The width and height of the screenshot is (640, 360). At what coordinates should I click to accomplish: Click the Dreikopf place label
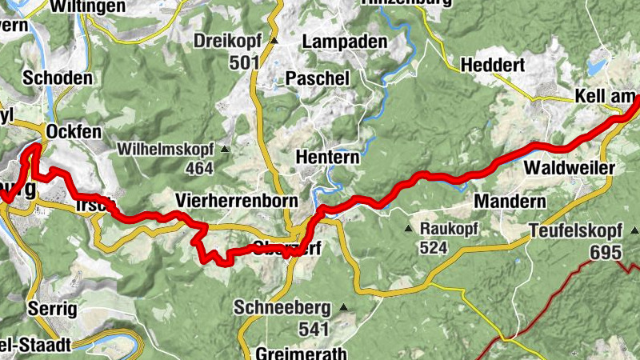point(231,40)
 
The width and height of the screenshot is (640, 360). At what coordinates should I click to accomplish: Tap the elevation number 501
point(244,62)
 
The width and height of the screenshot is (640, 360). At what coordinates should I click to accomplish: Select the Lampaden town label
point(345,42)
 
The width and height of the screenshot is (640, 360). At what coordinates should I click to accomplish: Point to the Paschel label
point(318,78)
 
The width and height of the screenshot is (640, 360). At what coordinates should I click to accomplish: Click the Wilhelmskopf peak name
point(166,149)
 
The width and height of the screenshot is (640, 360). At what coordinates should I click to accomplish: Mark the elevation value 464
point(198,168)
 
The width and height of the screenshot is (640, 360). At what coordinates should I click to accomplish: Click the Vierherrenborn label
point(237,200)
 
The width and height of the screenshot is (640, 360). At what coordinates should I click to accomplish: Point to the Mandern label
point(510,200)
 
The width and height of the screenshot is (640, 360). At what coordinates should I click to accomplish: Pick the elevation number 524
point(433,248)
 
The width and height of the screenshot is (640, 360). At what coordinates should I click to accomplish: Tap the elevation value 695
point(606,252)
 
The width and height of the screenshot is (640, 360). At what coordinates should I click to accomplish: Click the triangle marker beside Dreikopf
point(274,40)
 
